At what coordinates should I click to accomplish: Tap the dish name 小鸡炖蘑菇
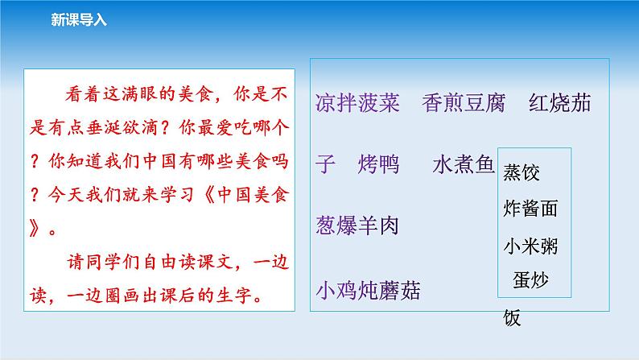click(369, 289)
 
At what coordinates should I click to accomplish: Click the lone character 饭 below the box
click(512, 317)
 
